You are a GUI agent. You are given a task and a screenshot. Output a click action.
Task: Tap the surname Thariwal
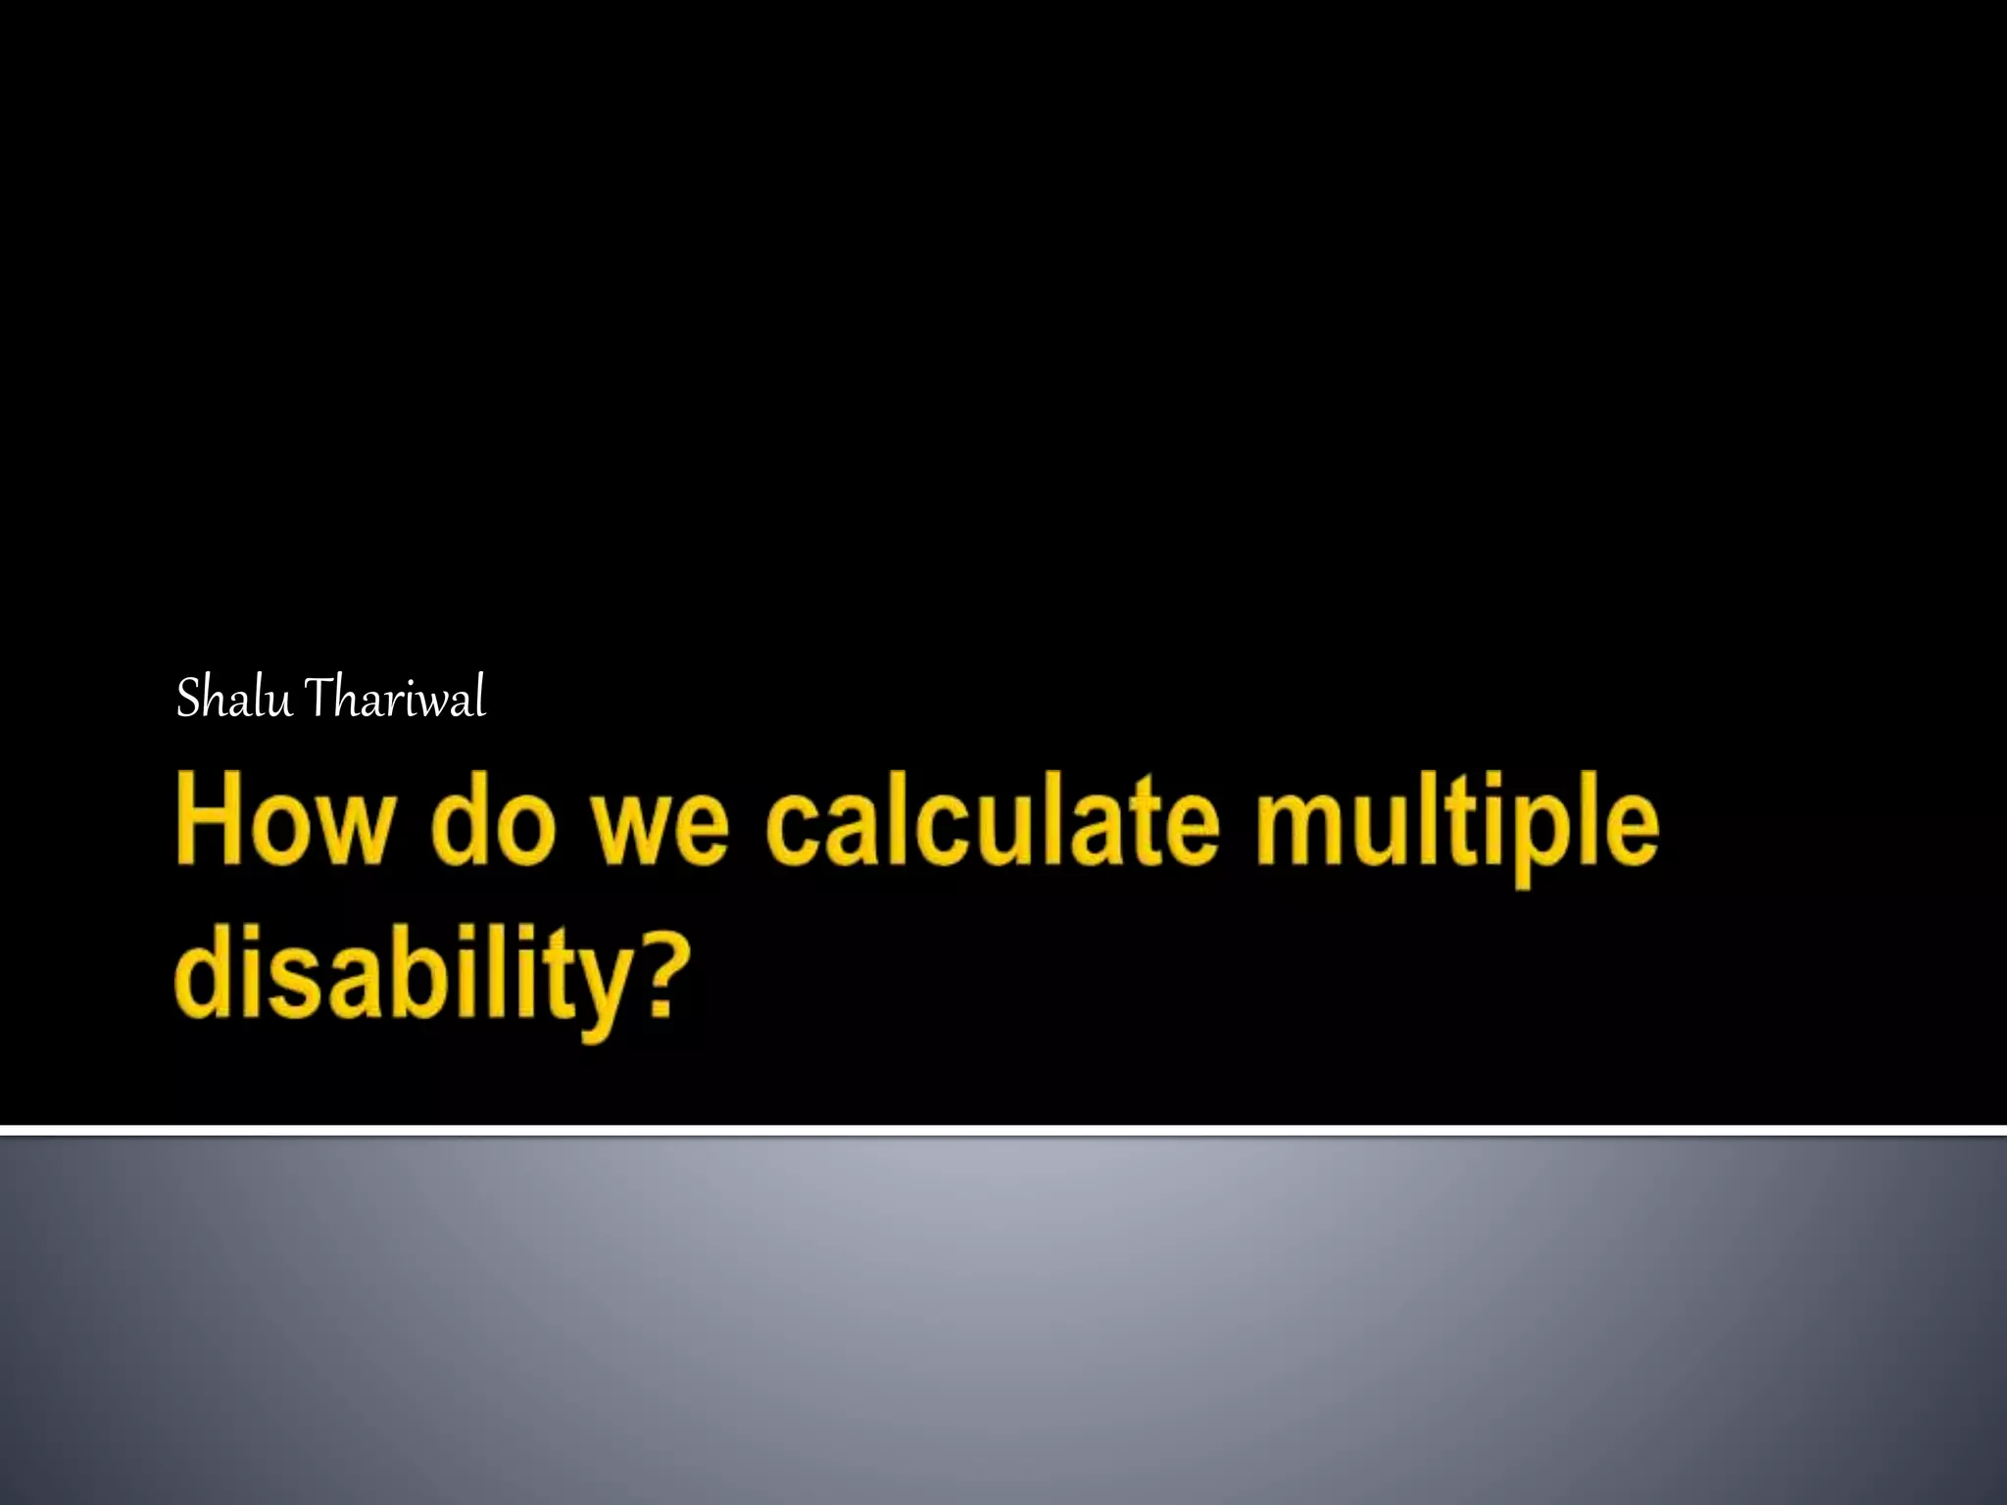tap(395, 699)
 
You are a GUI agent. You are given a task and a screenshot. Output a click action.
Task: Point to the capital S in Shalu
tap(188, 699)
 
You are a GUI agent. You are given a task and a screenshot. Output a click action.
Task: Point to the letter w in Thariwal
tap(433, 703)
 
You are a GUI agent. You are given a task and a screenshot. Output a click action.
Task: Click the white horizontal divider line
tap(1003, 1131)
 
